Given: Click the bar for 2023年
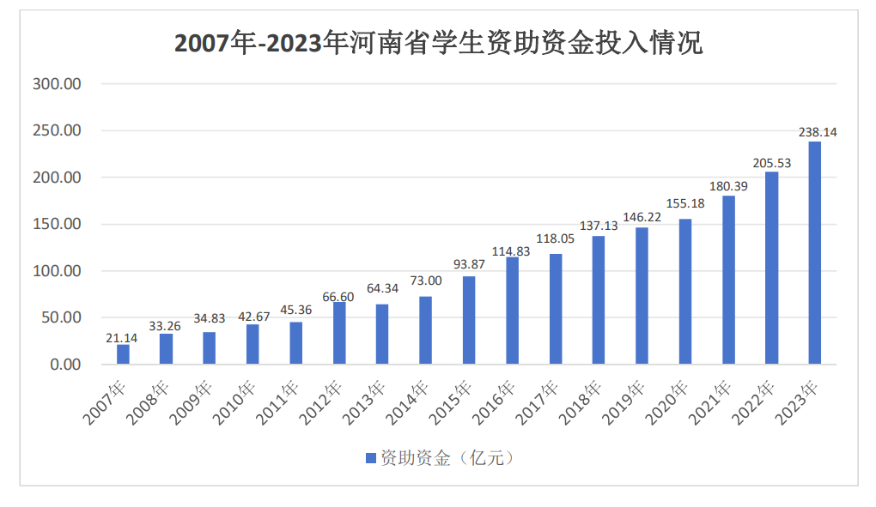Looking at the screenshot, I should [814, 253].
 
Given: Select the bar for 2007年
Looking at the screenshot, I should [123, 354].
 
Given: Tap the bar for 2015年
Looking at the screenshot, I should [469, 320].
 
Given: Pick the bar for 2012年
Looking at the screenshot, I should [339, 333].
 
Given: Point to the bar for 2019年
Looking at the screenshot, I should [642, 295].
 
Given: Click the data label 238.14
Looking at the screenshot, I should [818, 132].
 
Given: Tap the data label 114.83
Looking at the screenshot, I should [512, 251].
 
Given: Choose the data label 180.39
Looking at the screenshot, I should [728, 186].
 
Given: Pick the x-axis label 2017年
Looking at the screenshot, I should [538, 404].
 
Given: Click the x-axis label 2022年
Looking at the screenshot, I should [755, 404].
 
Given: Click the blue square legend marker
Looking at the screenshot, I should [371, 458].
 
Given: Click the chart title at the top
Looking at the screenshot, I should [438, 42].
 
